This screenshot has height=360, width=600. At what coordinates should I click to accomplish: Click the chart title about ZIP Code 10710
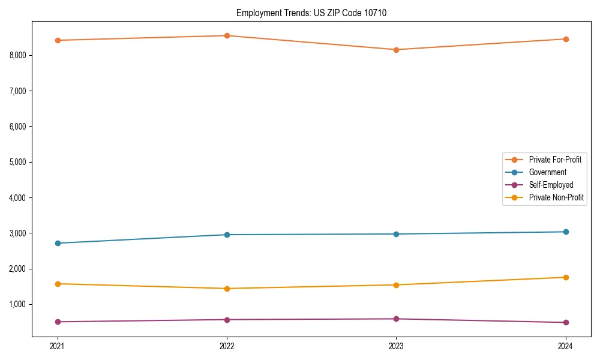tap(307, 13)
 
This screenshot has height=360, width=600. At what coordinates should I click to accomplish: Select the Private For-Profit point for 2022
tap(227, 35)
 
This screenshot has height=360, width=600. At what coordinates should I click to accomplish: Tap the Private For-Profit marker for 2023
tap(396, 50)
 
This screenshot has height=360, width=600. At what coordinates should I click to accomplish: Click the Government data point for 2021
tap(58, 243)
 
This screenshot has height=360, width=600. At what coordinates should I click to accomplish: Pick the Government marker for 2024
tap(565, 232)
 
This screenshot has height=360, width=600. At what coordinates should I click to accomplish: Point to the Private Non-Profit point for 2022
tap(227, 289)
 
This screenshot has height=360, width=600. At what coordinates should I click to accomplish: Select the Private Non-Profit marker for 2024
tap(565, 277)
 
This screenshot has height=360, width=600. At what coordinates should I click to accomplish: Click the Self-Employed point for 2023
tap(396, 319)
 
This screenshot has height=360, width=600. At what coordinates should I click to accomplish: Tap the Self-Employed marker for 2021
tap(58, 322)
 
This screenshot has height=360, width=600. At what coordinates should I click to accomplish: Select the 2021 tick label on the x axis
tap(58, 346)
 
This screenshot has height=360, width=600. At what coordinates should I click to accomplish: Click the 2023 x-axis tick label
tap(396, 346)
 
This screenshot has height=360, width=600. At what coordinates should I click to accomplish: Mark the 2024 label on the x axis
tap(565, 346)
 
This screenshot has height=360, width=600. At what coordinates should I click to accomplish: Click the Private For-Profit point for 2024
tap(565, 39)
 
